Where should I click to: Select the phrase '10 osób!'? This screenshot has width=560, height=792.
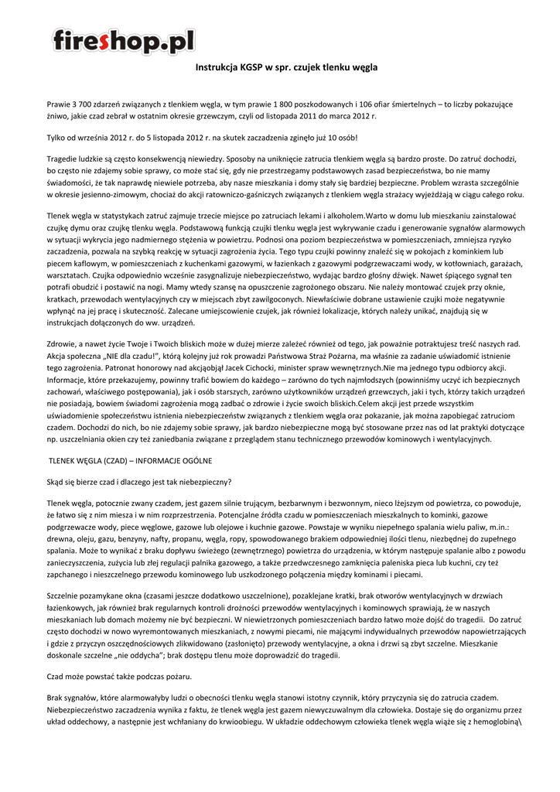(340, 138)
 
